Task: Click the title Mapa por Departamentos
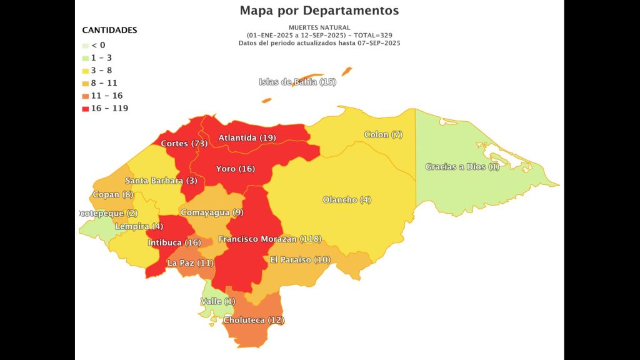(x=319, y=11)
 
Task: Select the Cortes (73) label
(x=184, y=144)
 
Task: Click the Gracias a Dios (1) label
(x=462, y=167)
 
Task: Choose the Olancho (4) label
(x=347, y=200)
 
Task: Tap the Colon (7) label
(x=384, y=135)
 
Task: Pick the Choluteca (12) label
(x=254, y=320)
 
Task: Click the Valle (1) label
(x=218, y=302)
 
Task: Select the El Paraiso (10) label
(x=300, y=260)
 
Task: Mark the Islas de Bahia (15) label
(x=297, y=82)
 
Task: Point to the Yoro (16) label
(x=235, y=169)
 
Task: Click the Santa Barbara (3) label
(x=161, y=181)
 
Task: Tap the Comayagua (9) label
(x=212, y=212)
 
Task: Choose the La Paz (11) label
(x=190, y=263)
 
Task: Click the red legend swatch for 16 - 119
(x=86, y=108)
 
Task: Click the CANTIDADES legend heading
(x=109, y=30)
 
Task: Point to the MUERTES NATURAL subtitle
(x=319, y=27)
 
